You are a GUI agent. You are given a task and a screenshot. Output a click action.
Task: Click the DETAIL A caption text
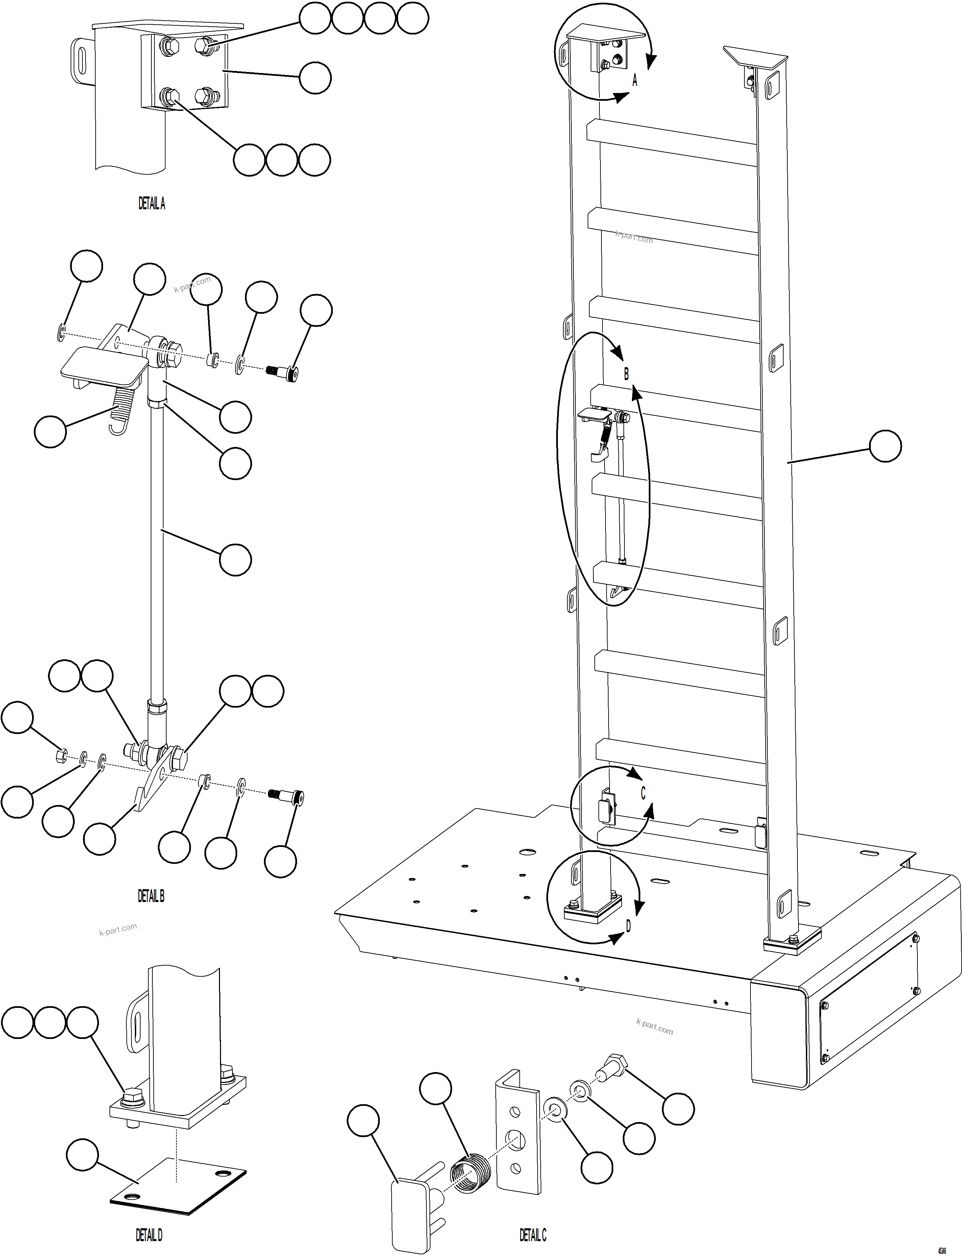pos(152,203)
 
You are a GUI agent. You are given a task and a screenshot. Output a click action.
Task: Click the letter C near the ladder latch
pos(642,793)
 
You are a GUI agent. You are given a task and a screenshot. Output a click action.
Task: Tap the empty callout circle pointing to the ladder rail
pos(885,447)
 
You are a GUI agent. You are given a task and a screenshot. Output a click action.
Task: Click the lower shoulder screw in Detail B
pos(286,796)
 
